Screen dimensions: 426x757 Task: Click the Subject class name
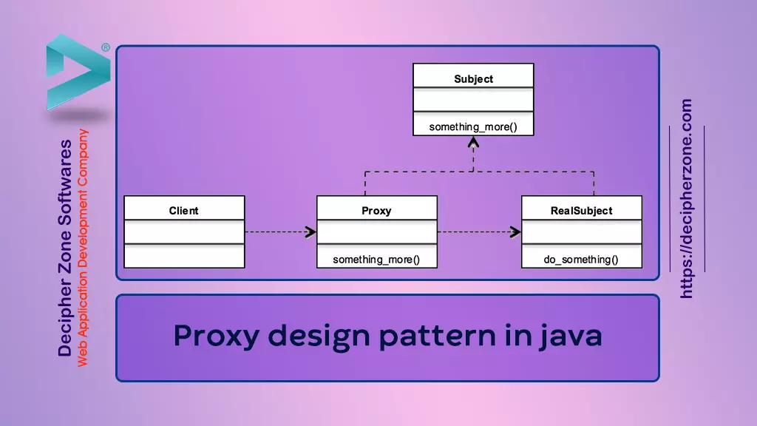point(473,79)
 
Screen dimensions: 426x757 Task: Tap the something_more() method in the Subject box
point(473,127)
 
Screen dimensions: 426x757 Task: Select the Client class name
point(183,211)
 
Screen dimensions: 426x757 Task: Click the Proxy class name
point(376,211)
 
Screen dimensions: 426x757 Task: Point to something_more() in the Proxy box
point(376,260)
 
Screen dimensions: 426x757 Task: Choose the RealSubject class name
point(581,211)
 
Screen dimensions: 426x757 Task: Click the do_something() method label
point(581,260)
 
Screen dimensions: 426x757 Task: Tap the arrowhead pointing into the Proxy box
point(310,232)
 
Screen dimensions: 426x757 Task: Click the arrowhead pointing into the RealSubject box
point(515,232)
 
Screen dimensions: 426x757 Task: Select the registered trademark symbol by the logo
point(106,47)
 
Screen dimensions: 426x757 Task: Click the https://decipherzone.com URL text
point(687,199)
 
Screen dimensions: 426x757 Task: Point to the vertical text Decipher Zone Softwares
point(66,248)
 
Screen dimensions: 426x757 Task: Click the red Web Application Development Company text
point(84,248)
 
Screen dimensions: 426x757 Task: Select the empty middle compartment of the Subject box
point(473,100)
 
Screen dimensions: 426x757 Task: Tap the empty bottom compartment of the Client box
point(183,256)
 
